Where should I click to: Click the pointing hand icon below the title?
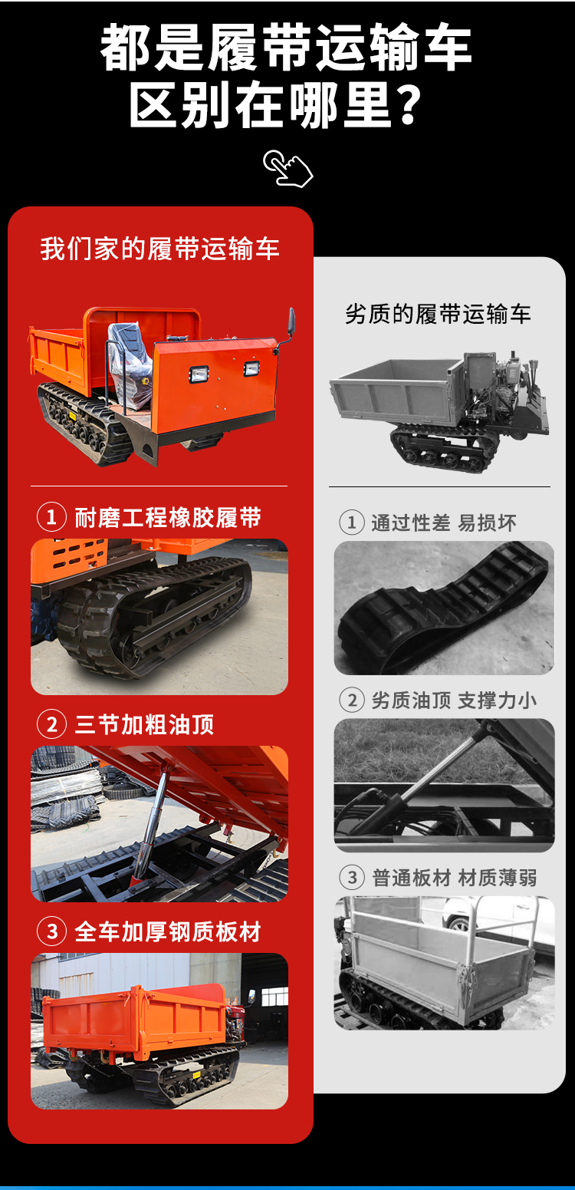tap(287, 168)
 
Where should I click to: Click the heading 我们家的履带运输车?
tap(159, 249)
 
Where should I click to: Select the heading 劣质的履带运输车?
tap(438, 314)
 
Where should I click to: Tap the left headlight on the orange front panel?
tap(199, 374)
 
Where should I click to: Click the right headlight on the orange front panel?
tap(251, 368)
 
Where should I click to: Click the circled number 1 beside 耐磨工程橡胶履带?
tap(51, 517)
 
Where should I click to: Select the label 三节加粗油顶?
tap(144, 724)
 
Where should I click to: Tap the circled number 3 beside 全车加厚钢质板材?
tap(51, 931)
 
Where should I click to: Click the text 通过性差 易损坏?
tap(443, 522)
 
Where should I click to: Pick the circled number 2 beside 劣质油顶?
tap(352, 700)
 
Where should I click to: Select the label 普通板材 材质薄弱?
tap(454, 878)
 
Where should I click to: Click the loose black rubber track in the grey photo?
tap(444, 608)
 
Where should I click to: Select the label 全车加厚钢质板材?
tap(168, 931)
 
